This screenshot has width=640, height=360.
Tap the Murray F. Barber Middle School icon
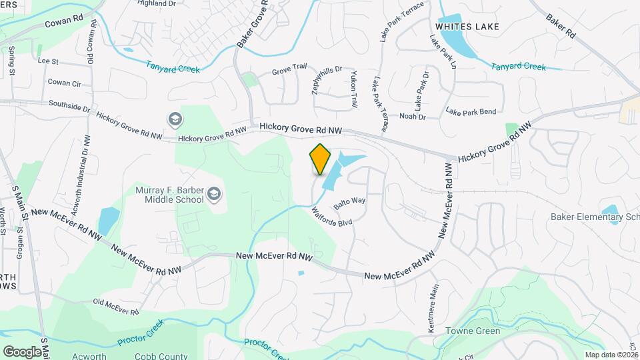click(215, 195)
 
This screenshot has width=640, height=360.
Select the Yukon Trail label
click(354, 90)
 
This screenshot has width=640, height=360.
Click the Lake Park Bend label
click(471, 111)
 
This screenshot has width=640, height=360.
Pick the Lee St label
click(49, 61)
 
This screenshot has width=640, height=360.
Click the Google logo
click(21, 351)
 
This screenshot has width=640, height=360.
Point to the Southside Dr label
click(69, 105)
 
